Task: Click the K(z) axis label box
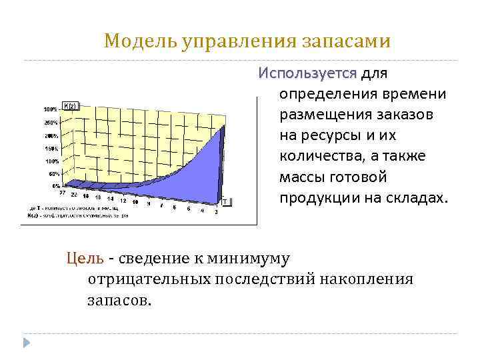pos(71,105)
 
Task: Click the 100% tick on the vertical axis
pos(52,161)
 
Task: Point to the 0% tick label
pos(55,186)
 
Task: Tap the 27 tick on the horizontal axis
pos(63,193)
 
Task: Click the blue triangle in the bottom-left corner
pos(27,342)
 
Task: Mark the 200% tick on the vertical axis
pos(52,136)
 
